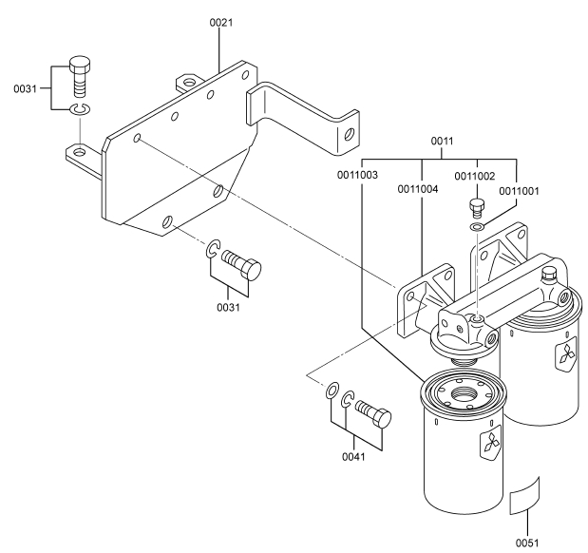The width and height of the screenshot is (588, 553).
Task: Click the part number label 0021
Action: [x=220, y=21]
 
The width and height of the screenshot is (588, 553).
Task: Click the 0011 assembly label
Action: [x=441, y=141]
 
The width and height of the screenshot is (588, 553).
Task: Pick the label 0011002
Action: [x=476, y=175]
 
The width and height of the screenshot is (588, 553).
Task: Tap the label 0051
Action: [x=526, y=543]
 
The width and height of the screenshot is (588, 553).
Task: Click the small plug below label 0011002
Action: [x=478, y=206]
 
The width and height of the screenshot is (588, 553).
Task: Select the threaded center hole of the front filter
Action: [x=465, y=391]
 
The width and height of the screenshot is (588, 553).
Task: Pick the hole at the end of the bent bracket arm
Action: [x=351, y=135]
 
